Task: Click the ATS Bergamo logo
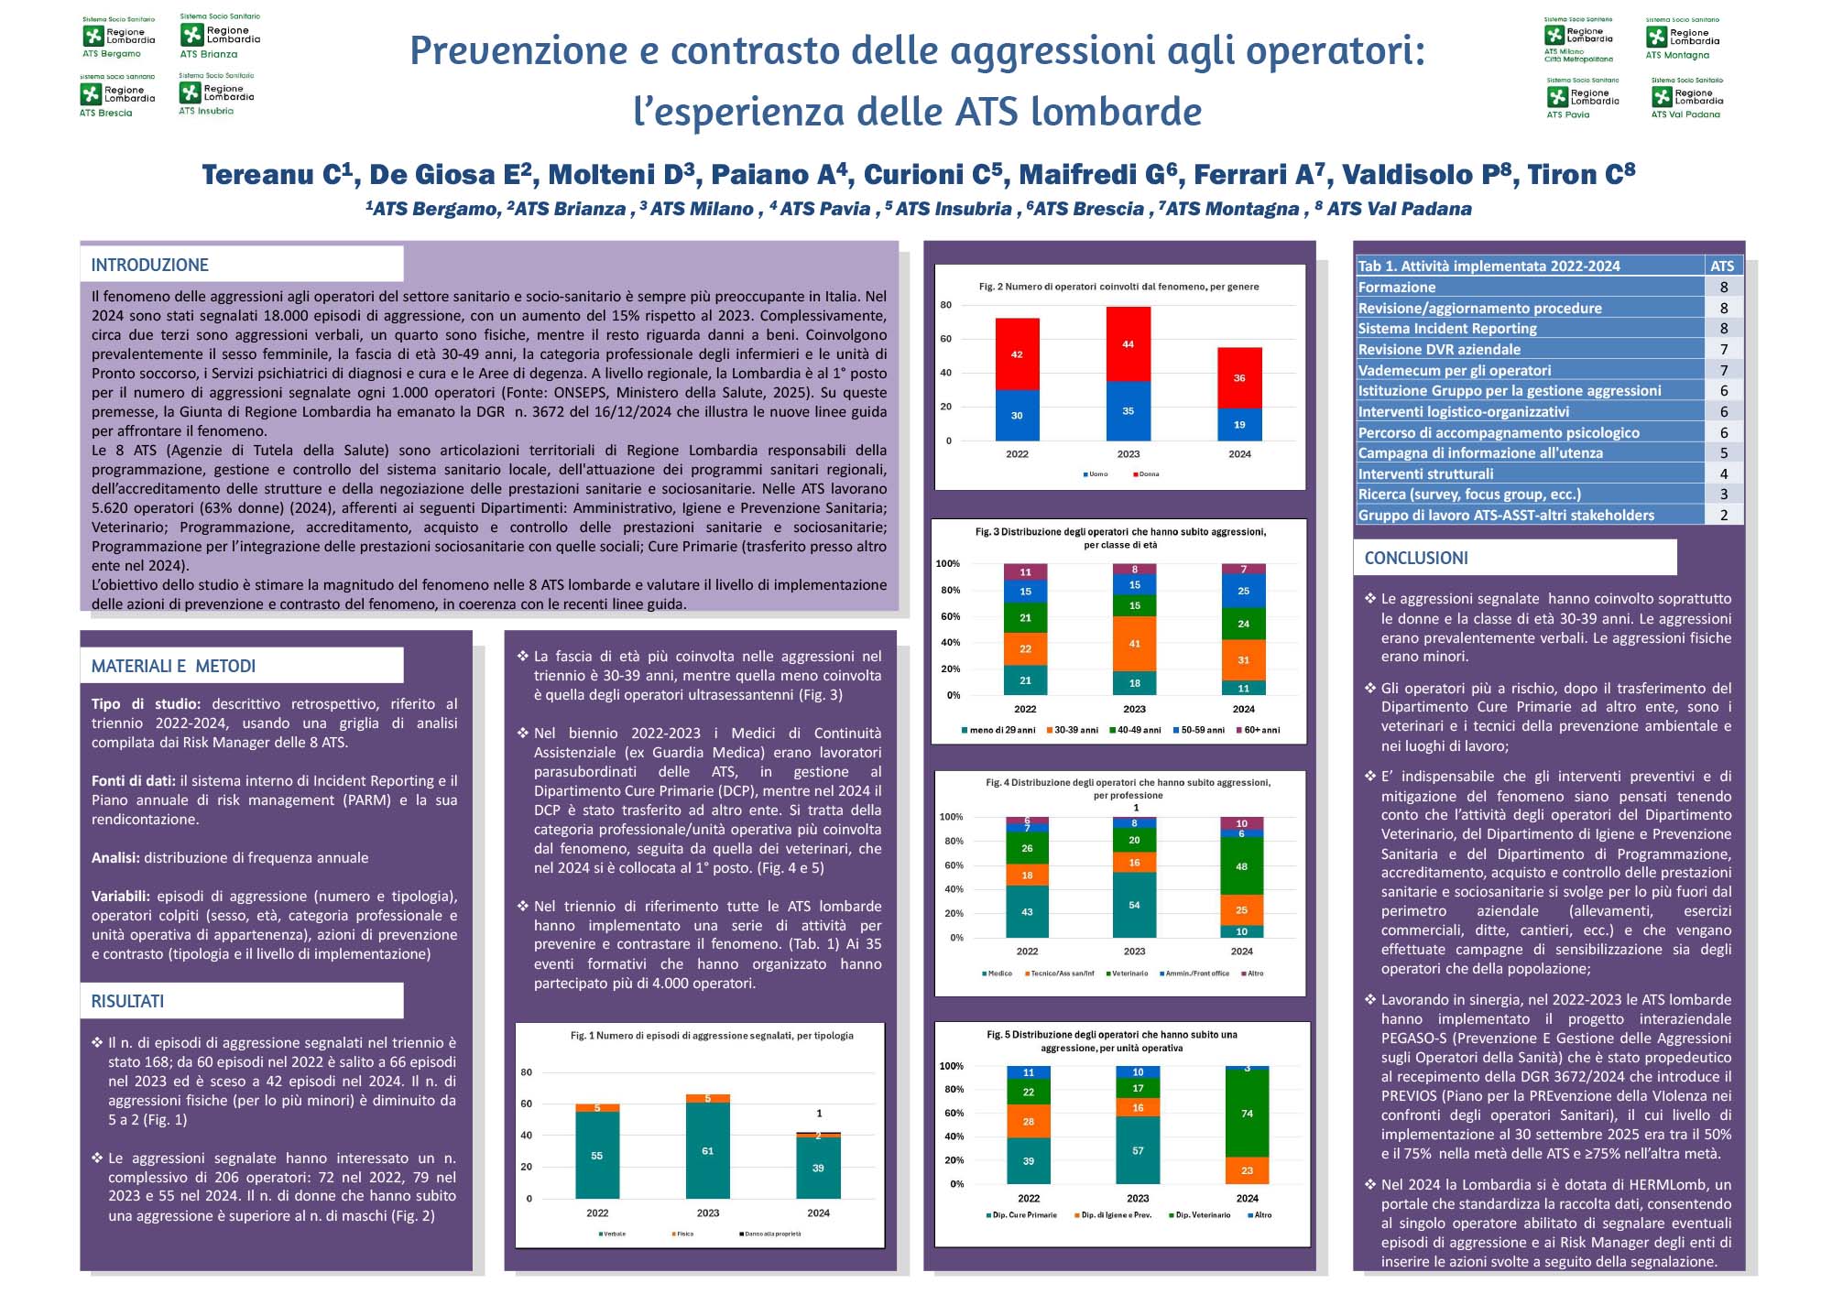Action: tap(118, 38)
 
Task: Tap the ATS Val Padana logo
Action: tap(1686, 98)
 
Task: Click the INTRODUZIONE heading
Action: tap(150, 265)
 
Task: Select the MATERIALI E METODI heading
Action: tap(173, 666)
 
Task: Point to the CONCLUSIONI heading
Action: tap(1415, 558)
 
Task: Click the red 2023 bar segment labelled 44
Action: tap(1128, 344)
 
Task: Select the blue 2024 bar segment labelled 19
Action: tap(1239, 424)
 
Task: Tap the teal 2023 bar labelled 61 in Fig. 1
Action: tap(707, 1150)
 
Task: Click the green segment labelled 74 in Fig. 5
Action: tap(1247, 1113)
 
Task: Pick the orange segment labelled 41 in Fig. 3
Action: tap(1134, 644)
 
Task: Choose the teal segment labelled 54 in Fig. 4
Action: tap(1134, 905)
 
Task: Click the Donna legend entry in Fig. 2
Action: tap(1147, 474)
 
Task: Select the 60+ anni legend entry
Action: tap(1260, 730)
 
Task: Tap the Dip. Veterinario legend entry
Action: tap(1201, 1215)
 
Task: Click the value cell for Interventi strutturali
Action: tap(1723, 473)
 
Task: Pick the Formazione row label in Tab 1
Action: tap(1396, 288)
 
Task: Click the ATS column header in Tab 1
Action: tap(1722, 266)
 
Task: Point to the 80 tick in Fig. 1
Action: tap(527, 1072)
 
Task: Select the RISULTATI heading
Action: tap(127, 1001)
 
